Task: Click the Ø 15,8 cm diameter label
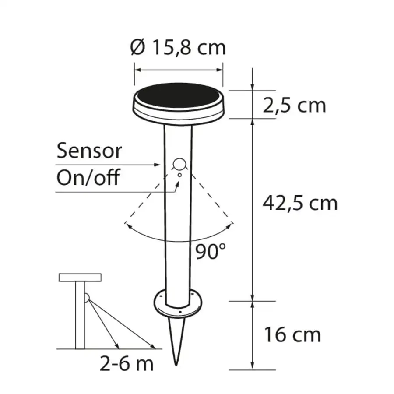178,47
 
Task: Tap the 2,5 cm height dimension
294,105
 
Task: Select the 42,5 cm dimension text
300,203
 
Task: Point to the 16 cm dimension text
292,335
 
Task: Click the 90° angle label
211,252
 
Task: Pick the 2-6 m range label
127,363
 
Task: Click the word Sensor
89,151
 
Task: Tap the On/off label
88,177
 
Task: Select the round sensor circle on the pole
179,164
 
